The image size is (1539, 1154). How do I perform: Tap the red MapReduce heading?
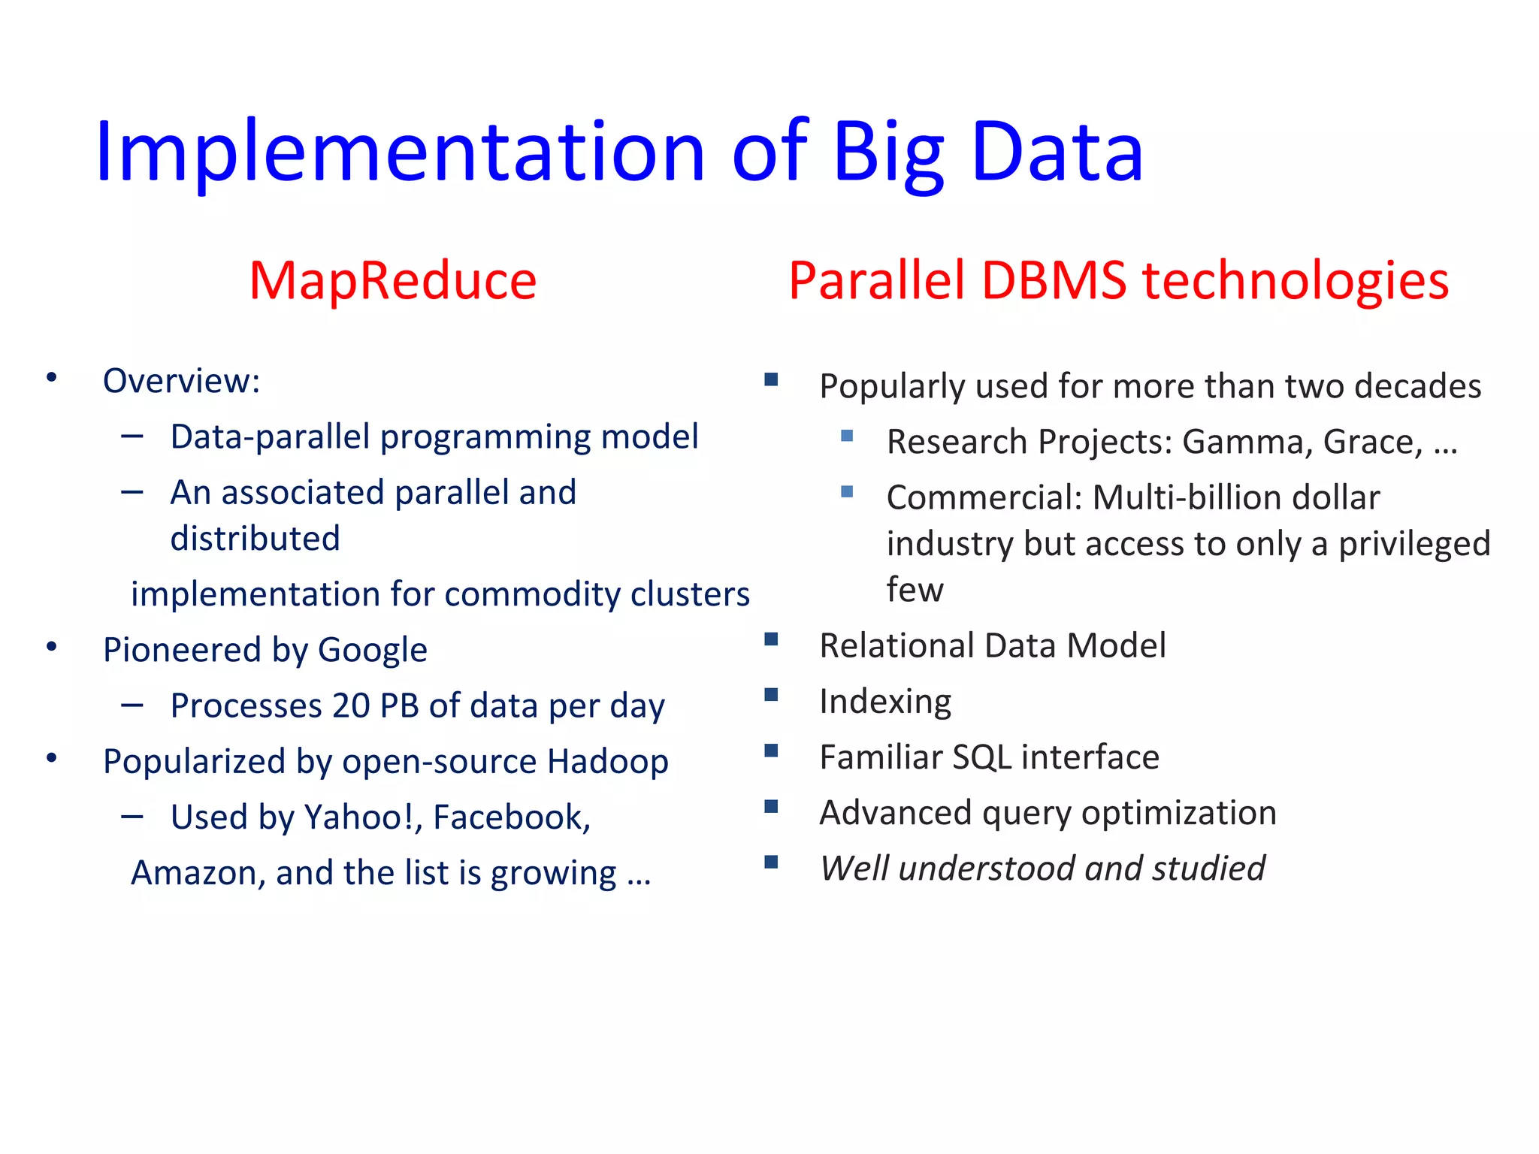393,281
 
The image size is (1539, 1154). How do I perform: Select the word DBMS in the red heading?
1054,281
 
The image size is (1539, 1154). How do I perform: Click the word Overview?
177,382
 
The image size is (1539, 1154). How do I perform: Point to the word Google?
373,651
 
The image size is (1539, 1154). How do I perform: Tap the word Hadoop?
607,762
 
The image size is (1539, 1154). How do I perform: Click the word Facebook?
511,817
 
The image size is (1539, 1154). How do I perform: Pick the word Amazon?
195,874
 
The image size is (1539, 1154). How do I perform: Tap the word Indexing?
885,702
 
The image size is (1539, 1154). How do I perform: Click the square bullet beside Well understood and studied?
771,862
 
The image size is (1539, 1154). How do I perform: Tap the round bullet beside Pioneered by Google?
51,647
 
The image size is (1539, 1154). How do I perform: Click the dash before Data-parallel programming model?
132,436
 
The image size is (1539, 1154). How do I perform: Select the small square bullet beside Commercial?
847,492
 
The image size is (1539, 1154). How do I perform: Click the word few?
915,591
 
